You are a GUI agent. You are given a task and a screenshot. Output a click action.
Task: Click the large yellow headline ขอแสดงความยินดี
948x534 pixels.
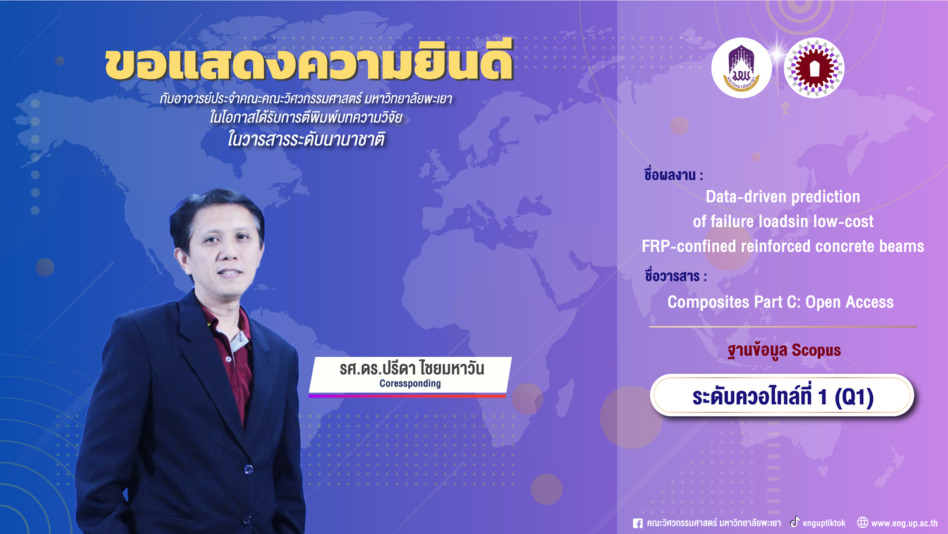point(309,61)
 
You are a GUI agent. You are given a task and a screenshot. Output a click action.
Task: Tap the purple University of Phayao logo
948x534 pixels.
point(741,68)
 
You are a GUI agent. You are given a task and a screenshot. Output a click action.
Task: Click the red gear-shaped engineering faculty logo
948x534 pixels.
point(814,68)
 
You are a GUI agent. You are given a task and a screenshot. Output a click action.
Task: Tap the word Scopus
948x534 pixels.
point(816,351)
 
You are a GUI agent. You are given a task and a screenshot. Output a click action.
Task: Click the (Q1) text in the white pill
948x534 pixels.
point(854,397)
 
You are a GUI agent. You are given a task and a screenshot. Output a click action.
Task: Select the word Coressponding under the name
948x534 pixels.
point(410,383)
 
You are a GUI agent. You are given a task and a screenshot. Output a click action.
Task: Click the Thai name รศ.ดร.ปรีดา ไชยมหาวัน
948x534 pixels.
point(411,368)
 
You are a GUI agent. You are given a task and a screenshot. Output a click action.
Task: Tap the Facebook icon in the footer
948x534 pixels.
point(637,523)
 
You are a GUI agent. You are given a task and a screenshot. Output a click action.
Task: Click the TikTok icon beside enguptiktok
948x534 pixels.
point(795,522)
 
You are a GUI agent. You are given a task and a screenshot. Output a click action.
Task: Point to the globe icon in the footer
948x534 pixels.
point(863,523)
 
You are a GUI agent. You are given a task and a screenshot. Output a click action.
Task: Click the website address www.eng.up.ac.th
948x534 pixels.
point(904,523)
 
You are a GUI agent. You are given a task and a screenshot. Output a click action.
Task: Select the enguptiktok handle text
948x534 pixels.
point(824,523)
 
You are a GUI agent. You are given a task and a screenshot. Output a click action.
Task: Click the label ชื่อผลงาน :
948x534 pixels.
point(673,175)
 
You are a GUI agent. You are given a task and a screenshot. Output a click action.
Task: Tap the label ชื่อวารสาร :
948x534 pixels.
point(676,276)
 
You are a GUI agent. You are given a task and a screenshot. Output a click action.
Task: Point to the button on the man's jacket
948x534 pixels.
point(248,469)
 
